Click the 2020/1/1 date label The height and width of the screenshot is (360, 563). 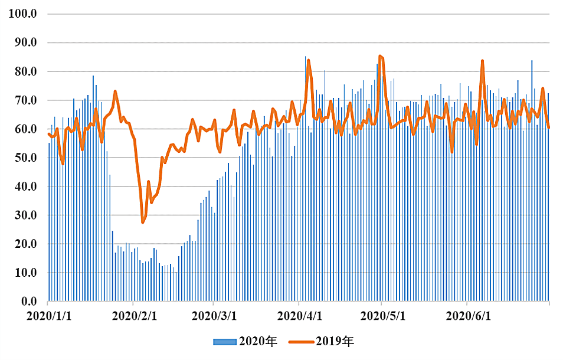[49, 316]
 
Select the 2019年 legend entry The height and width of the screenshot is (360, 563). [321, 341]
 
